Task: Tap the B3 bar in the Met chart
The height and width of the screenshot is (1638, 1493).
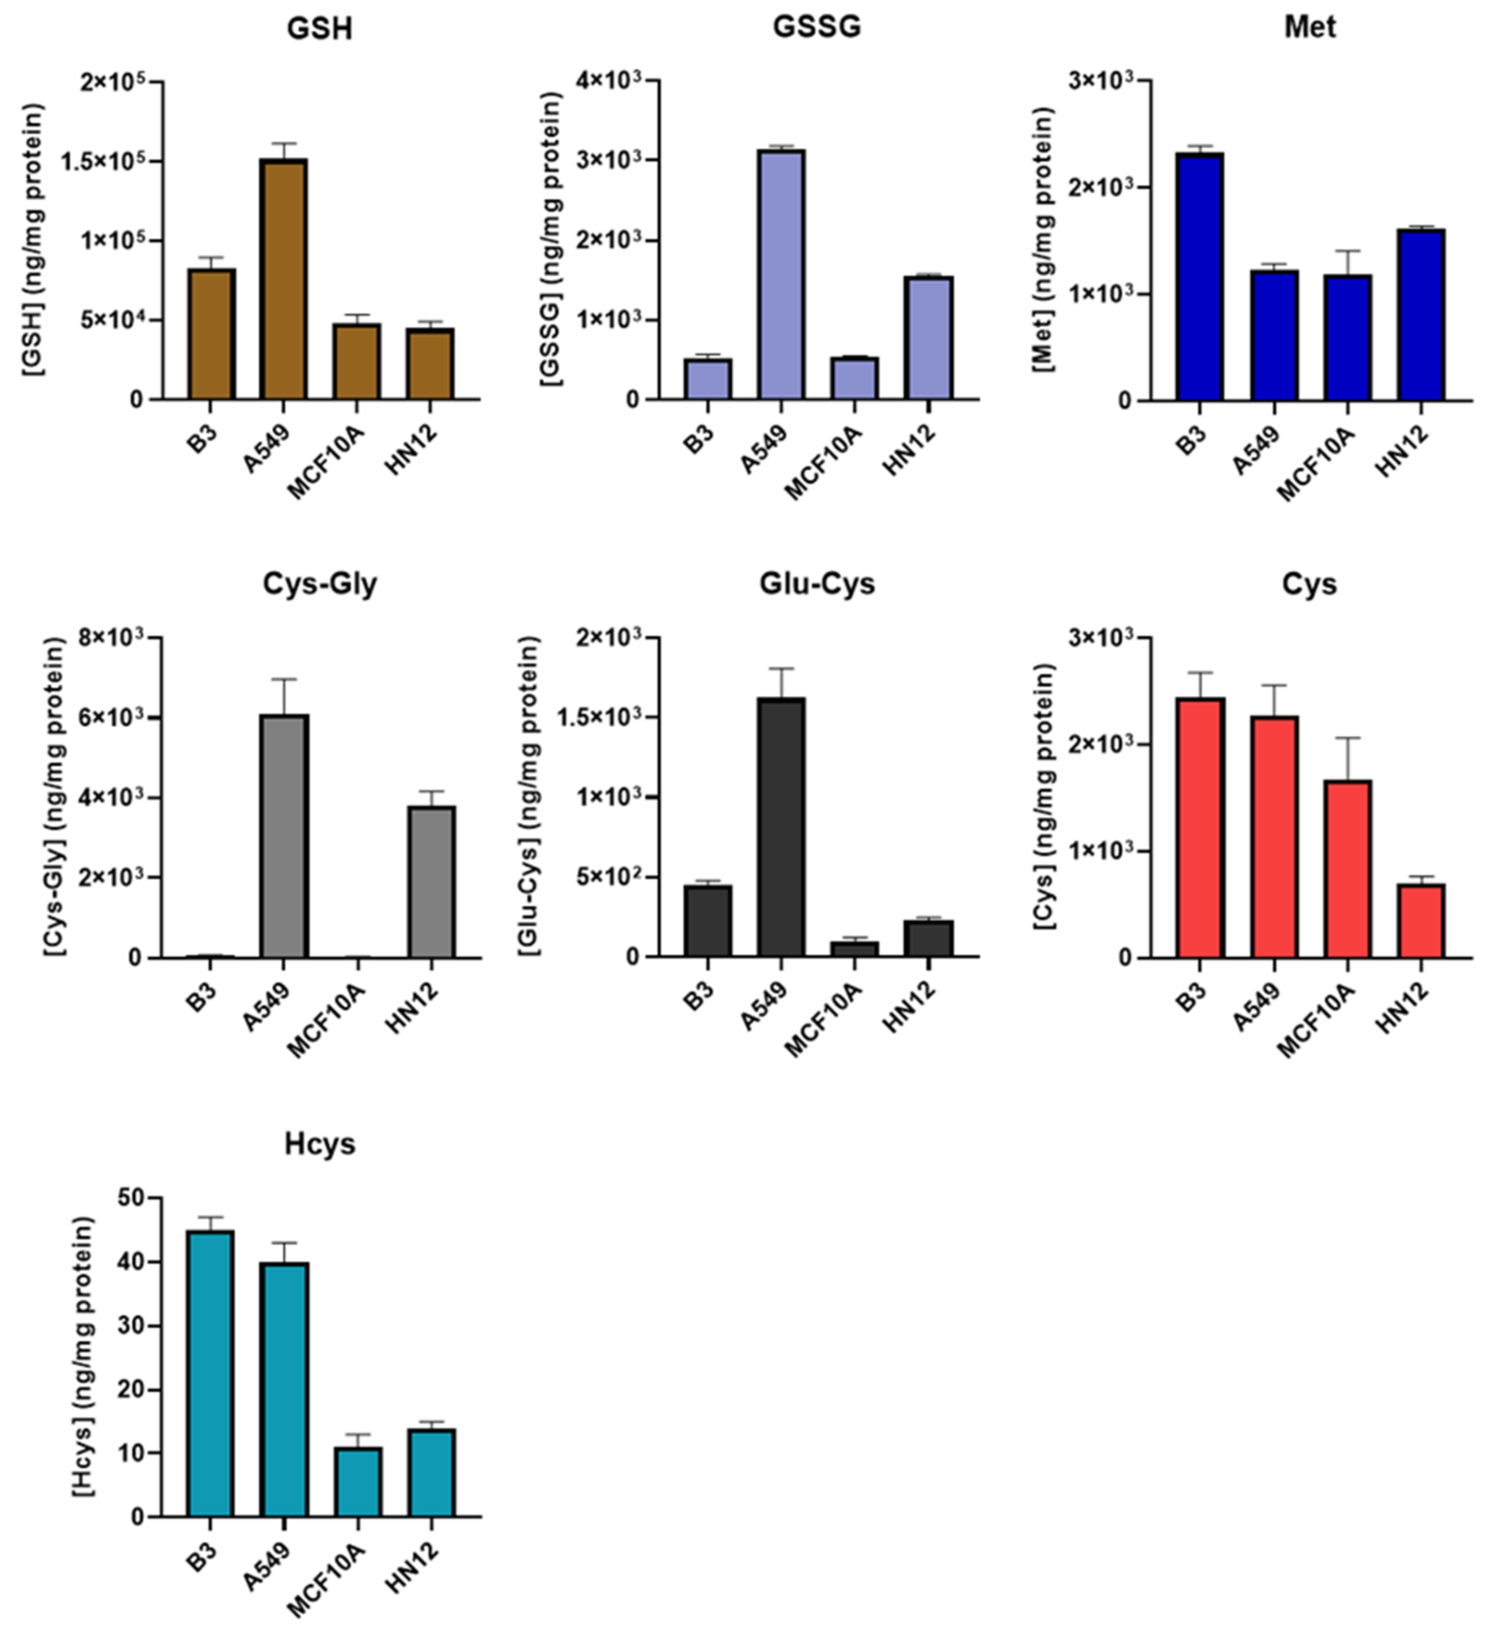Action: click(x=1199, y=276)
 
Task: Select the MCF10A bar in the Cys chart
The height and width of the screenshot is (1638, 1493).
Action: click(x=1347, y=869)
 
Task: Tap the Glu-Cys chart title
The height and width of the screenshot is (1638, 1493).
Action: click(x=816, y=584)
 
